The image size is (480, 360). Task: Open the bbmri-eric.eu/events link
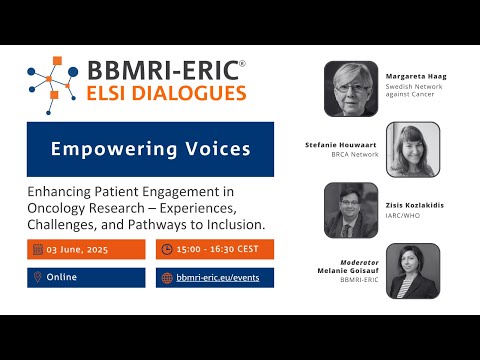click(x=217, y=277)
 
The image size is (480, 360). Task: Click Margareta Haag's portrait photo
click(x=351, y=89)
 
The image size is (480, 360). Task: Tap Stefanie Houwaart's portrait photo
click(x=413, y=149)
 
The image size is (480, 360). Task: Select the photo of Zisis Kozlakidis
click(x=351, y=209)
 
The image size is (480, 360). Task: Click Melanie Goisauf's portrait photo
click(x=413, y=270)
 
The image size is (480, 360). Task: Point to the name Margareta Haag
click(x=415, y=75)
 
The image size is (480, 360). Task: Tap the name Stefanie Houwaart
click(x=343, y=145)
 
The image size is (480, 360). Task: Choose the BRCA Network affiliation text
click(x=357, y=155)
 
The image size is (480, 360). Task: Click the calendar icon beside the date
click(x=37, y=249)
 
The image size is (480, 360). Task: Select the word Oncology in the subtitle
click(x=58, y=207)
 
